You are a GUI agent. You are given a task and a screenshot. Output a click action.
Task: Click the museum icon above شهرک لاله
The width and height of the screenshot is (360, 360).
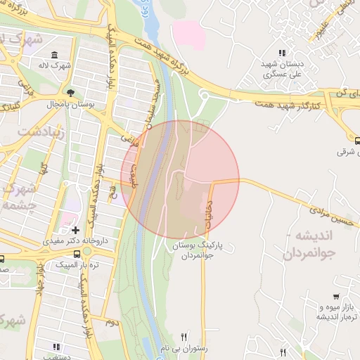pyautogui.click(x=55, y=56)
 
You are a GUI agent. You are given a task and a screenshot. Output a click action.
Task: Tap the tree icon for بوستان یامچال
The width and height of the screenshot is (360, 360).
pyautogui.click(x=71, y=92)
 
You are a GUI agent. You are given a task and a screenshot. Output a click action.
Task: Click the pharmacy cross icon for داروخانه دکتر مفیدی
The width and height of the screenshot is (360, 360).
pyautogui.click(x=75, y=230)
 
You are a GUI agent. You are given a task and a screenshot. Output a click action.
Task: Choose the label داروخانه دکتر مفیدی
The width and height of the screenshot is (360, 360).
pyautogui.click(x=67, y=241)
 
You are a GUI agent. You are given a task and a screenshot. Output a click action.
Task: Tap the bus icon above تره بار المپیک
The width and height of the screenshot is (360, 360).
pyautogui.click(x=77, y=253)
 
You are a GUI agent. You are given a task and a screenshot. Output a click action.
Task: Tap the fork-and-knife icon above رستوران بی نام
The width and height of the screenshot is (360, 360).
pyautogui.click(x=185, y=337)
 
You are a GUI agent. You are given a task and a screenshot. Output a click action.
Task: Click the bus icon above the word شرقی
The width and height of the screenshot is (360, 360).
pyautogui.click(x=357, y=140)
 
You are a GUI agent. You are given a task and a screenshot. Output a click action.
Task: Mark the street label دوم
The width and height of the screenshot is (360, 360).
pyautogui.click(x=111, y=322)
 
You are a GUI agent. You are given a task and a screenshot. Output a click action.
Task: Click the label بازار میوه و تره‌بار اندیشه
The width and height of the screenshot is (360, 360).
pyautogui.click(x=325, y=312)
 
